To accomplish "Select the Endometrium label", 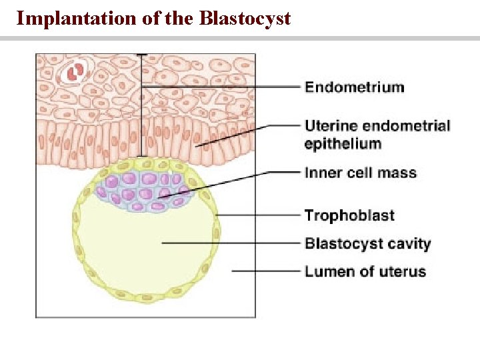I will (x=354, y=87).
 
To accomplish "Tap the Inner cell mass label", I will (x=360, y=173).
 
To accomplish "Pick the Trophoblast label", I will (x=349, y=215).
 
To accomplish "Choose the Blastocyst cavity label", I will (x=367, y=243).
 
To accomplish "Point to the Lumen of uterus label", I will (x=365, y=271).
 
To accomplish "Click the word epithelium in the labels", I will (x=343, y=143).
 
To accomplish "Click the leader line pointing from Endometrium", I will (x=220, y=87).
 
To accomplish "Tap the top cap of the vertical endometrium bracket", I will (x=141, y=55).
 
